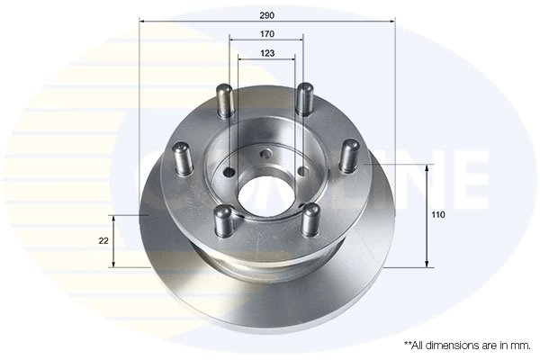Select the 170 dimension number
click(267, 33)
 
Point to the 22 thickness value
click(103, 241)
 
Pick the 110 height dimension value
click(438, 216)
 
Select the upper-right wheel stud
click(304, 99)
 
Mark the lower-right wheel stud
click(311, 219)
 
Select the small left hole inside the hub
click(230, 173)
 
